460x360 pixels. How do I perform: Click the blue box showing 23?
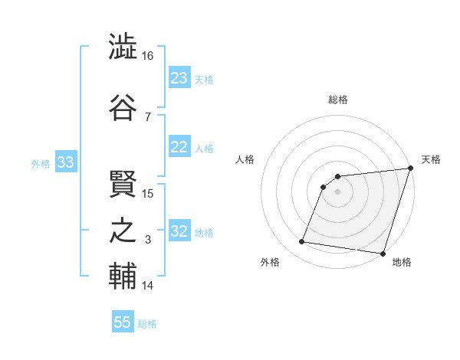[179, 78]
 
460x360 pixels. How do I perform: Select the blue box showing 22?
[179, 147]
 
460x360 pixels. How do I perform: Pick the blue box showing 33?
[66, 162]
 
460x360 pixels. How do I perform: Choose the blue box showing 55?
[123, 322]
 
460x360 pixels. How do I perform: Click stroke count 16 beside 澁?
[148, 56]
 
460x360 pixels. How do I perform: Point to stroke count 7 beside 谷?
[147, 116]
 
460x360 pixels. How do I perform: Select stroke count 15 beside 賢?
[148, 193]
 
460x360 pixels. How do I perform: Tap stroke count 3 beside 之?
[147, 241]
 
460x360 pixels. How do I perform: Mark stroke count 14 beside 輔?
[148, 286]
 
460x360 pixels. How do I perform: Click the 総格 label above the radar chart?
[338, 100]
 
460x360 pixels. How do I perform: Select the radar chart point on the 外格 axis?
[302, 242]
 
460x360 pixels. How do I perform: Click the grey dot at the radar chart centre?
[337, 191]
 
